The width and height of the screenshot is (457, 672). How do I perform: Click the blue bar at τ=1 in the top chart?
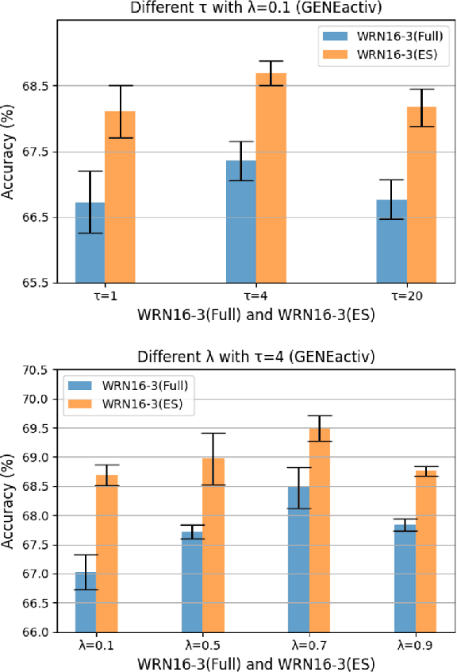click(x=90, y=242)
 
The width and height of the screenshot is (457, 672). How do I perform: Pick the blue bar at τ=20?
click(x=392, y=241)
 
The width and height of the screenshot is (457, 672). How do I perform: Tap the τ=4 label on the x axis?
click(x=256, y=296)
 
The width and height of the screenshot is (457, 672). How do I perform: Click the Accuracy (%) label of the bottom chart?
click(x=9, y=501)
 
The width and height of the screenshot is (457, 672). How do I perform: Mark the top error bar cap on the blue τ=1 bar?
click(x=90, y=171)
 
